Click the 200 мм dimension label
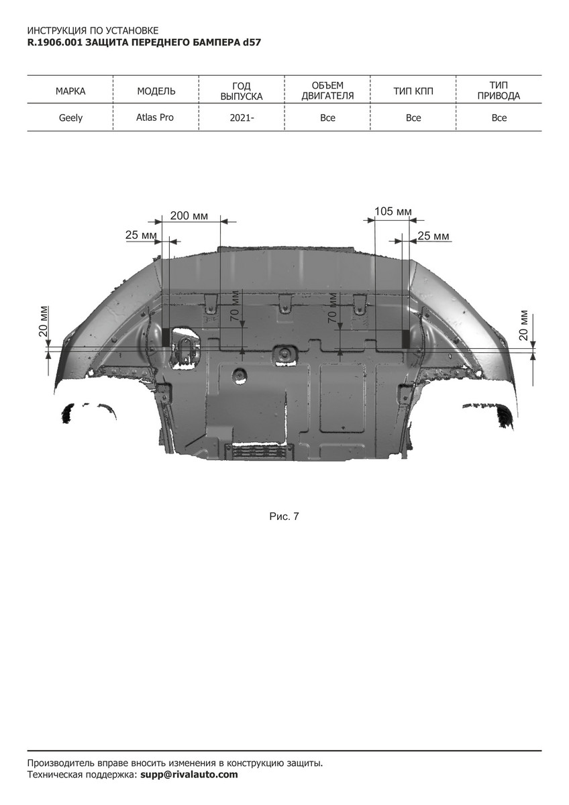(x=189, y=216)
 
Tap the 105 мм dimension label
(x=393, y=211)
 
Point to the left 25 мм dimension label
(x=141, y=235)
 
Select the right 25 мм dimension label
(x=433, y=235)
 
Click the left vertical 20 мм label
(x=44, y=321)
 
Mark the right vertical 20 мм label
(x=524, y=325)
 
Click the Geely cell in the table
(x=70, y=118)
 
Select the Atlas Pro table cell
(x=154, y=117)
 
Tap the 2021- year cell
(x=242, y=118)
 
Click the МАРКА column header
(x=70, y=91)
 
